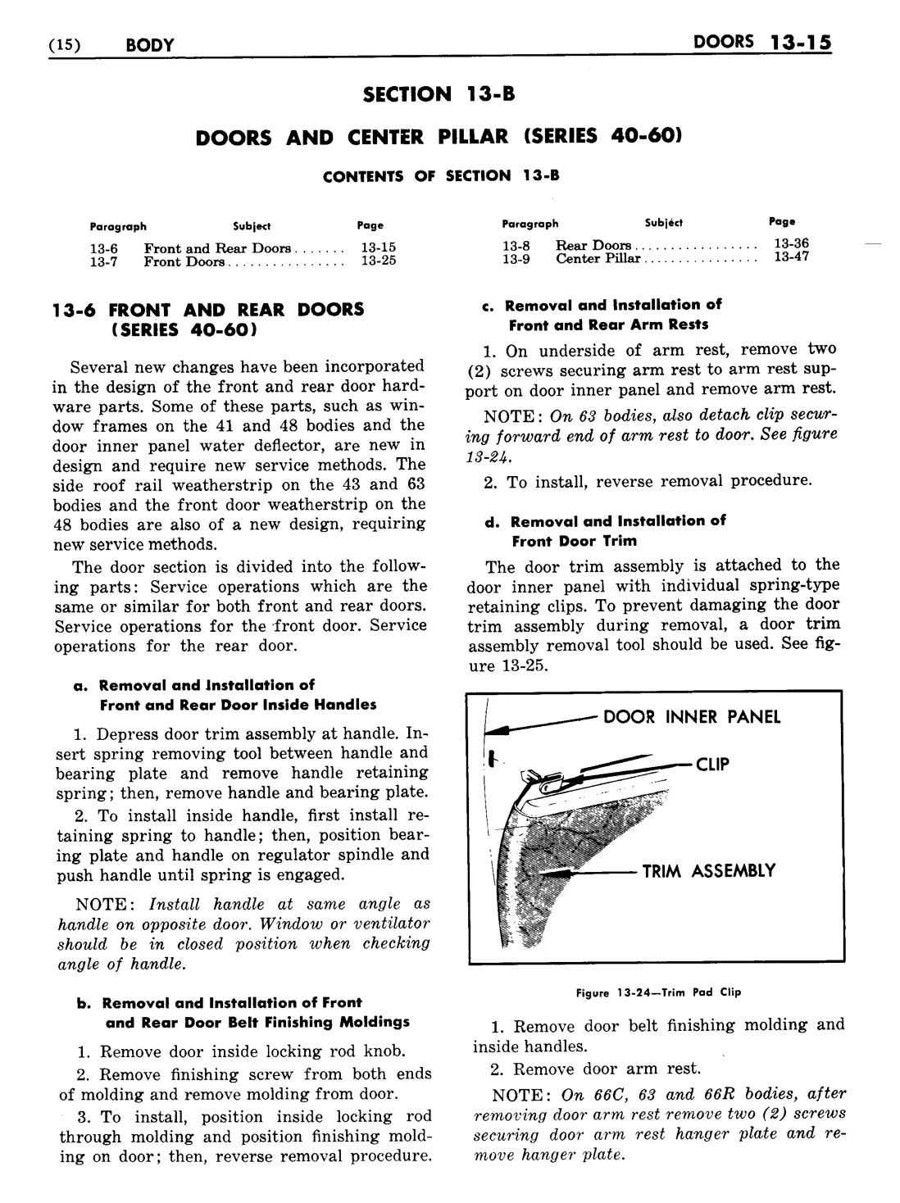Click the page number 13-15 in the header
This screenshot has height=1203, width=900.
pos(800,43)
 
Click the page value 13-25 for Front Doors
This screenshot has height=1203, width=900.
pos(379,262)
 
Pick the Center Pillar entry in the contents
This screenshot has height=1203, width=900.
pos(598,259)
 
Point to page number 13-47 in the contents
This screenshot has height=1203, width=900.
pos(792,258)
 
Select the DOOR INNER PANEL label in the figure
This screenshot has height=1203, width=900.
pos(692,717)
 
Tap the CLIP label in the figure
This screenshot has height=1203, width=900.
pos(712,765)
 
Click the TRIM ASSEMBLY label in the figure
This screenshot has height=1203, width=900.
pos(708,871)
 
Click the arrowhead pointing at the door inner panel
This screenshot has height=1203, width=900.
pos(496,727)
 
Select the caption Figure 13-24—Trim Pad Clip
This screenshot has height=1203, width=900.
pos(658,992)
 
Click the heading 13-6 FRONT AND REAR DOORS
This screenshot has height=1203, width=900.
pos(208,310)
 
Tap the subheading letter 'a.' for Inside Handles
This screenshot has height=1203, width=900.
pos(80,685)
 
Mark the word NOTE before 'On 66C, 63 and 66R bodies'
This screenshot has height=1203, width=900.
pos(520,1095)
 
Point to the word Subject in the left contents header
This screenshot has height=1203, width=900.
pos(252,226)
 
